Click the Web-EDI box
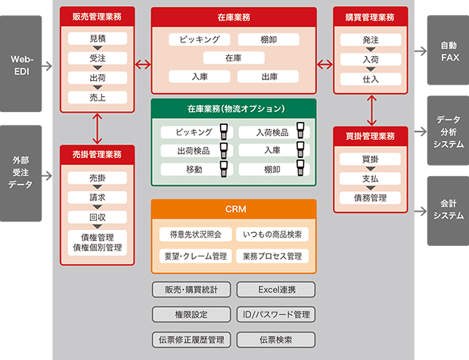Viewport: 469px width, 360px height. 20,64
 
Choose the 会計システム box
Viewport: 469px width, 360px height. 448,210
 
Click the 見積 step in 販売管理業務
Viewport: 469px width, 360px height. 98,39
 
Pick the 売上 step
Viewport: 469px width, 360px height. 98,98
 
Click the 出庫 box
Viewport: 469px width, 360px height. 269,76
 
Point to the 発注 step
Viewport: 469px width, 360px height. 371,39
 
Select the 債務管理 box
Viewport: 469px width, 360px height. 371,198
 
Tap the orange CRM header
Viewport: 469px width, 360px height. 234,208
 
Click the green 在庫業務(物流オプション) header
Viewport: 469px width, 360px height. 234,108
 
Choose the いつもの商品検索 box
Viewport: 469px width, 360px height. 272,234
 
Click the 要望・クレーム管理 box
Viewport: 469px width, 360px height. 194,256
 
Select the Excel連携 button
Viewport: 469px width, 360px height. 275,289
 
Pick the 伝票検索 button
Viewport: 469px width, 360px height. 275,340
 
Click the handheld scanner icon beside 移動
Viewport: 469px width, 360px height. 224,169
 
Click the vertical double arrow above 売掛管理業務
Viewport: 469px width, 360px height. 98,128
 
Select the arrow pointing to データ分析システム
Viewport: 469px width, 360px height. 419,132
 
